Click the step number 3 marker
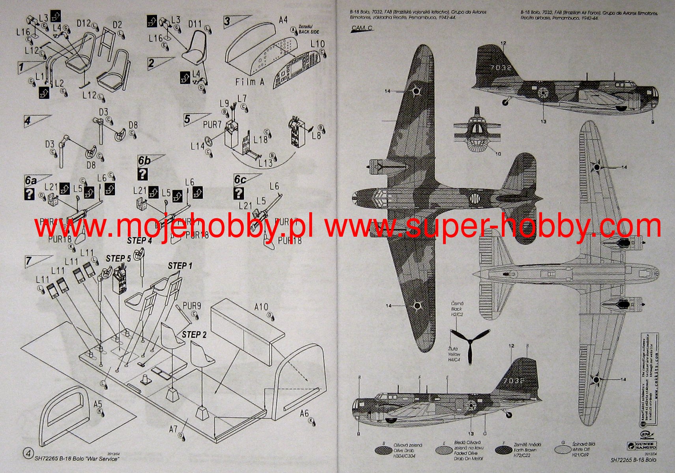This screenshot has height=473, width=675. tap(227, 21)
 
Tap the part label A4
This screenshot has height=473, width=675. tap(283, 20)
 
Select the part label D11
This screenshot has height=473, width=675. tap(195, 24)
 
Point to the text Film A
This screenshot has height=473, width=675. tap(249, 82)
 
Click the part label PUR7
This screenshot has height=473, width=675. tap(212, 125)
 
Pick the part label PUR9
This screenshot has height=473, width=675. tap(192, 306)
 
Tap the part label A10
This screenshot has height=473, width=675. tap(261, 307)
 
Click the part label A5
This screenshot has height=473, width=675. tap(98, 404)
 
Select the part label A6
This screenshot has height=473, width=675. tap(304, 413)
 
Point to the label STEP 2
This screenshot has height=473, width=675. tap(194, 335)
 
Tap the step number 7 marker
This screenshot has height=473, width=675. tap(29, 261)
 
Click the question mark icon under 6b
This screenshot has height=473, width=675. tap(142, 174)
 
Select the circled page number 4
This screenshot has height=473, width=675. tap(28, 454)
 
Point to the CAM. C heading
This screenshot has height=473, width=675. tap(361, 28)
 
